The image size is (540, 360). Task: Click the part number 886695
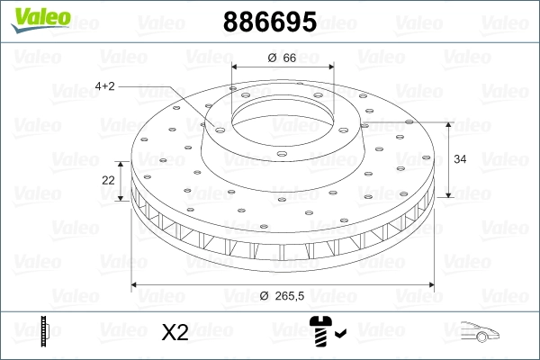[x=269, y=22]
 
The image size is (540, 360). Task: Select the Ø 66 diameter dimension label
[x=281, y=58]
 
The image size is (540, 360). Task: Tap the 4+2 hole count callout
[x=106, y=86]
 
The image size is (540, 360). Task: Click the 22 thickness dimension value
[x=109, y=180]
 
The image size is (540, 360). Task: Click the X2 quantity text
[x=174, y=333]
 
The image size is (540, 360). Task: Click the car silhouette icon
[x=487, y=332]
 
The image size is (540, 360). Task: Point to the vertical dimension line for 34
[x=449, y=158]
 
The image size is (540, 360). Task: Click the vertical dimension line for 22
[x=124, y=180]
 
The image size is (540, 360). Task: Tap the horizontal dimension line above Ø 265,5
[x=280, y=284]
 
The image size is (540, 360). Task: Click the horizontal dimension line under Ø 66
[x=280, y=68]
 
